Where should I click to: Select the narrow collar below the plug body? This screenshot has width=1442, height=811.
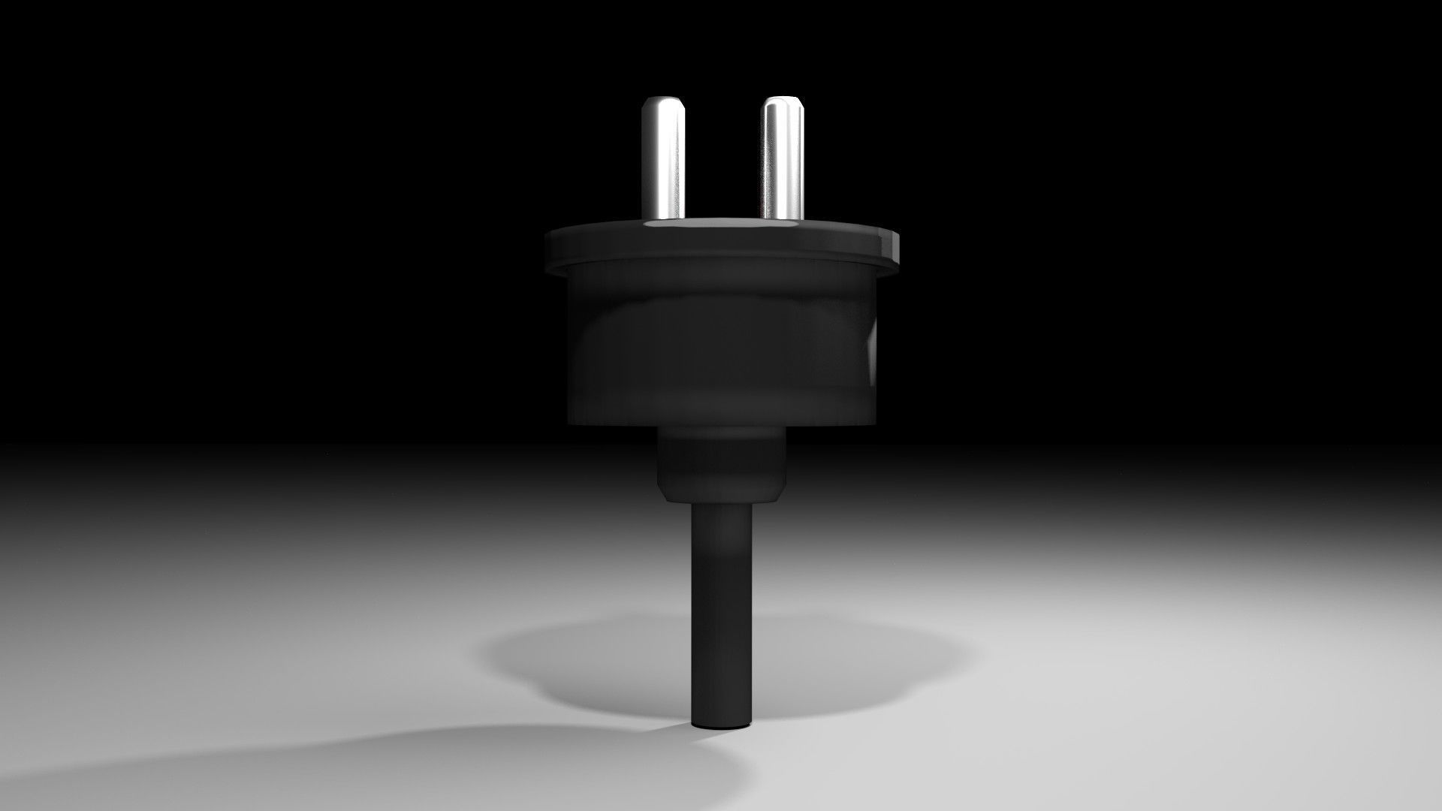click(721, 466)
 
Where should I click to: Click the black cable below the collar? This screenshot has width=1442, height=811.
click(721, 601)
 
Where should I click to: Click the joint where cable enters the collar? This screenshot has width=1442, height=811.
click(721, 502)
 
